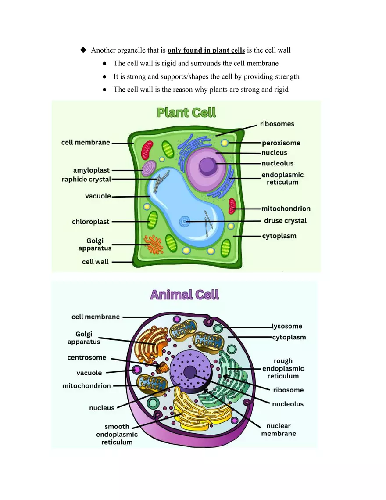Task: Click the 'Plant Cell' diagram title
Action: pyautogui.click(x=186, y=112)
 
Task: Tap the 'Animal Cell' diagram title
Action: pyautogui.click(x=184, y=294)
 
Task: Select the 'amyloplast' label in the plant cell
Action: pyautogui.click(x=91, y=170)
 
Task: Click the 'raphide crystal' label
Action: pyautogui.click(x=86, y=180)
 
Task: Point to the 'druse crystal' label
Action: pyautogui.click(x=285, y=221)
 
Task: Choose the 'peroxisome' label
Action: pyautogui.click(x=281, y=143)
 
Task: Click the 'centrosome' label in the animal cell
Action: pyautogui.click(x=86, y=358)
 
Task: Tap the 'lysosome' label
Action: pyautogui.click(x=287, y=326)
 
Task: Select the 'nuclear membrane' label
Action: pyautogui.click(x=279, y=430)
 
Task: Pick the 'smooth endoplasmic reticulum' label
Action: pyautogui.click(x=117, y=434)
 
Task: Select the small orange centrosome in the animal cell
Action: pyautogui.click(x=163, y=366)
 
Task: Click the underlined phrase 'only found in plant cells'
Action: pyautogui.click(x=206, y=50)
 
